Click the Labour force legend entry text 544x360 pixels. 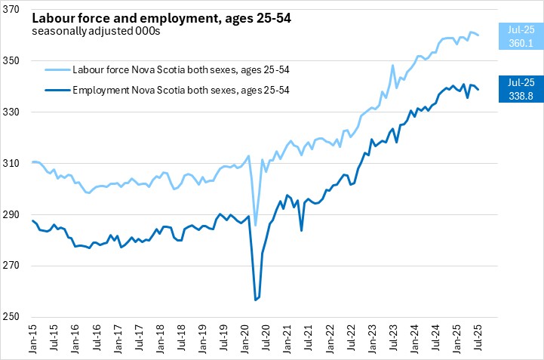(181, 70)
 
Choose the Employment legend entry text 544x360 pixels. (181, 91)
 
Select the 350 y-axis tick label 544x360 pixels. (17, 60)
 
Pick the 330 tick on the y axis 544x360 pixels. (17, 112)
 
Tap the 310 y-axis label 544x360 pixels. (17, 163)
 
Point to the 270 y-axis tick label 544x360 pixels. (17, 266)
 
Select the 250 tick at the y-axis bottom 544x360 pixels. (17, 317)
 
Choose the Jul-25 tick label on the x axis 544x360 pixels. (481, 340)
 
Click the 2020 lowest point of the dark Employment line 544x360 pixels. (256, 300)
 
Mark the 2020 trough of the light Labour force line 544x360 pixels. (256, 225)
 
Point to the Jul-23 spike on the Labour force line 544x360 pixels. (393, 66)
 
